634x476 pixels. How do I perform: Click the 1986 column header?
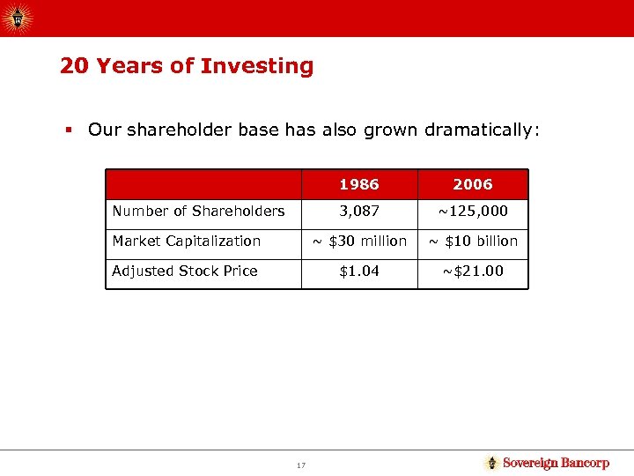coord(358,184)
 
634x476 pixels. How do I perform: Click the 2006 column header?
coord(473,184)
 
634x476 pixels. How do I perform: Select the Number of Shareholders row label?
coord(198,211)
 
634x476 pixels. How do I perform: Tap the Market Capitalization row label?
coord(187,241)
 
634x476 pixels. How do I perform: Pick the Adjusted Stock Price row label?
coord(185,271)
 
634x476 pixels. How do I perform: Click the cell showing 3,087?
coord(358,211)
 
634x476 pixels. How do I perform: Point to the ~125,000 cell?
coord(473,211)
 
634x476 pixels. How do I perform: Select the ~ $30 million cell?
coord(358,241)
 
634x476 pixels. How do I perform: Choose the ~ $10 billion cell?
coord(473,241)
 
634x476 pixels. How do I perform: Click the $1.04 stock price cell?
coord(358,271)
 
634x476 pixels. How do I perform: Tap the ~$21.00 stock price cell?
coord(473,271)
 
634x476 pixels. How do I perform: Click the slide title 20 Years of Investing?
coord(187,66)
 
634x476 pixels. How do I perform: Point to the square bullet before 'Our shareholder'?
coord(67,130)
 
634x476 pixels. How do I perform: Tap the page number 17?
coord(301,465)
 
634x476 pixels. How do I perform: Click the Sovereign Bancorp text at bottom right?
coord(556,463)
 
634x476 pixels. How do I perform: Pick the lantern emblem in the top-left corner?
coord(17,18)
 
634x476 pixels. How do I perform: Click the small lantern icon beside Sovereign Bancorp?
coord(492,463)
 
